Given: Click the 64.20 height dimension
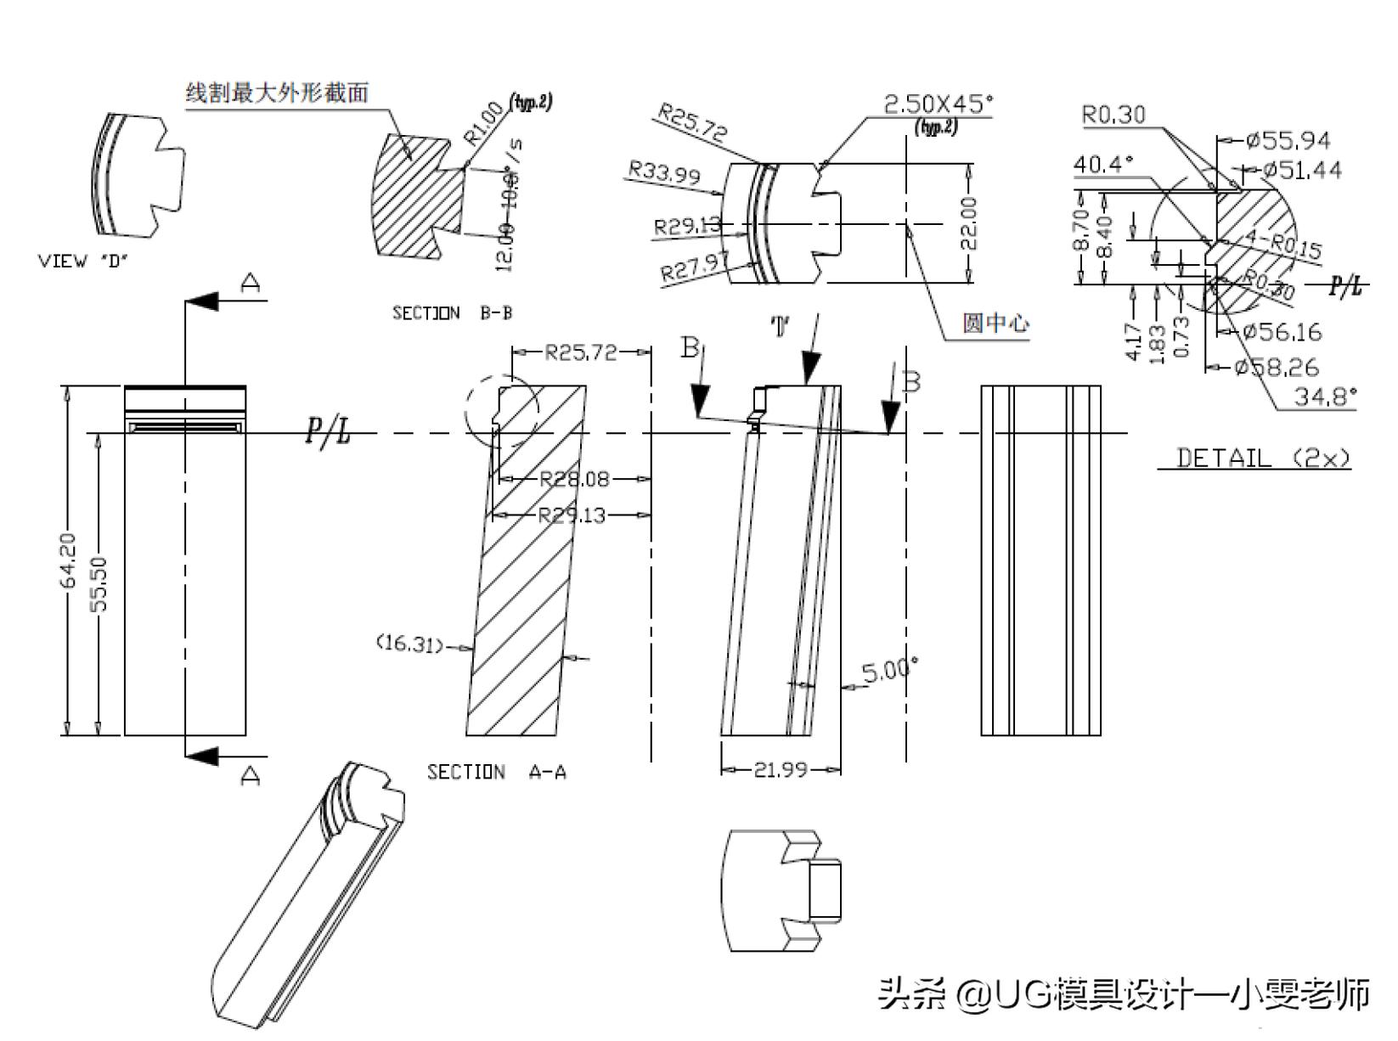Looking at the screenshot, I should click(x=69, y=560).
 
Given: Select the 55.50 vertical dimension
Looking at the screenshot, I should click(x=99, y=583).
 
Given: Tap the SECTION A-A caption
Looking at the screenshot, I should click(x=496, y=772).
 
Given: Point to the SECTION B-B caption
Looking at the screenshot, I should click(x=452, y=312).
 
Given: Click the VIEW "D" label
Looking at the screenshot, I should click(x=82, y=262).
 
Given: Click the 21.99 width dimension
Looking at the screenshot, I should click(x=780, y=770).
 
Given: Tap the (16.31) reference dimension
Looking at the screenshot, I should click(x=409, y=644).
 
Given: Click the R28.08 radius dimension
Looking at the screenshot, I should click(x=575, y=479).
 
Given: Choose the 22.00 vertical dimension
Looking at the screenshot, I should click(x=970, y=223).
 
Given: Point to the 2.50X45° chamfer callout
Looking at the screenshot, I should click(x=938, y=104).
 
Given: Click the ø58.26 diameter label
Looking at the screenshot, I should click(x=1277, y=367).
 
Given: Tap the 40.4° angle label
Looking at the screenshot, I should click(x=1103, y=164).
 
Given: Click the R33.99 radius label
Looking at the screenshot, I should click(x=664, y=174).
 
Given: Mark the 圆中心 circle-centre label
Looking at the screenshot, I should click(x=995, y=323).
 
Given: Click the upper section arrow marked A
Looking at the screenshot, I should click(x=204, y=301).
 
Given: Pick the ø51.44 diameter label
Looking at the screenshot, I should click(x=1302, y=171).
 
